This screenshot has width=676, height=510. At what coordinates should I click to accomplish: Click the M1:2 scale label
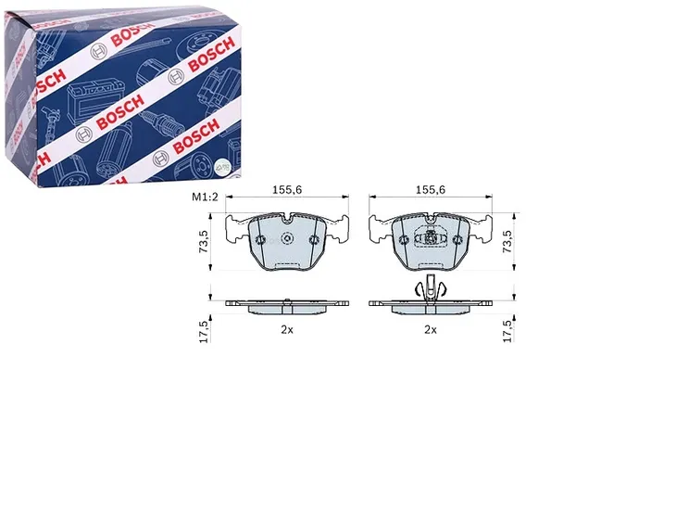(205, 197)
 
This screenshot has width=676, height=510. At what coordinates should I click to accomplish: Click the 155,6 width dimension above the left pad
(287, 189)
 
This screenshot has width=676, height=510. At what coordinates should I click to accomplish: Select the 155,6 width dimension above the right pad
(431, 189)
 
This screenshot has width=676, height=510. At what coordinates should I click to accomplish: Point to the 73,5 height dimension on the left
(204, 242)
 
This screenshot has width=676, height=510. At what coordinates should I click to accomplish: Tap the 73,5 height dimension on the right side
(507, 241)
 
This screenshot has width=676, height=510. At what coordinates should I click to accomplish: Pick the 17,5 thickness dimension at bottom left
(204, 332)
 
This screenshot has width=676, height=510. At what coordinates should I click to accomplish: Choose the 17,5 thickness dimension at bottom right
(508, 331)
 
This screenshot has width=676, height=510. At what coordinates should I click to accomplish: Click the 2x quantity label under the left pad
(287, 330)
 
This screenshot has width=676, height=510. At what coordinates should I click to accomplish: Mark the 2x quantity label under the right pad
(431, 330)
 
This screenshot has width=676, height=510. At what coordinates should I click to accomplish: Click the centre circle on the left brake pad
(287, 238)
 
